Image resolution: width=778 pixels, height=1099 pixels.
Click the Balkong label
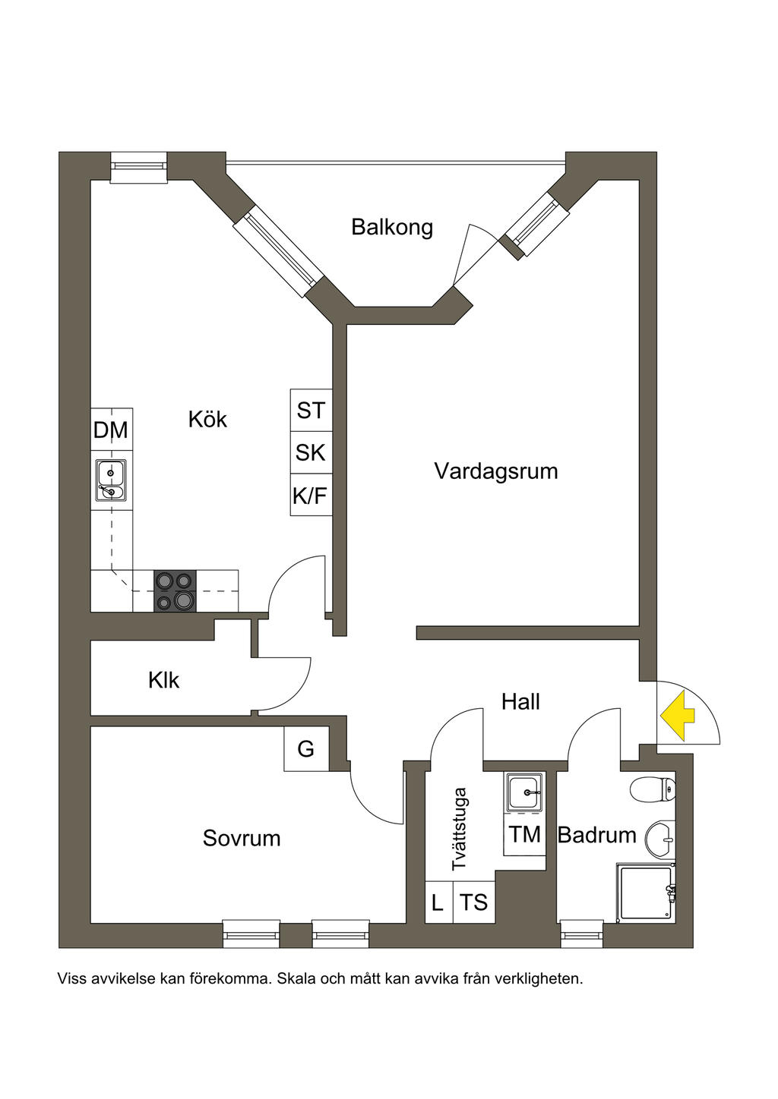pos(392,227)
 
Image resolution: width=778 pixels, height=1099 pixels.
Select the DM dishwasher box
pos(111,430)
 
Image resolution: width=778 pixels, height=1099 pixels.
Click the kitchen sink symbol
pos(111,480)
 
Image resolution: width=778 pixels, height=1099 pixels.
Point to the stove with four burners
pos(175,590)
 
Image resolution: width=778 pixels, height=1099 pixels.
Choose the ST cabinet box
pos(311,411)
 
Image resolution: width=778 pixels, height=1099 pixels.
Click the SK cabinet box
pos(311,453)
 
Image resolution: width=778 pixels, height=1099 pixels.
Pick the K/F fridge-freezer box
pos(311,496)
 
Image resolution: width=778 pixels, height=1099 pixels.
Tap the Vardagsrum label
pos(496,471)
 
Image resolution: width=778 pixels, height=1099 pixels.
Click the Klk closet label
pos(164,680)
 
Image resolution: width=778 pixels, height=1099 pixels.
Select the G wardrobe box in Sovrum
pos(306,749)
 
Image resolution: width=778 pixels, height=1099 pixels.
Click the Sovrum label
pos(242,838)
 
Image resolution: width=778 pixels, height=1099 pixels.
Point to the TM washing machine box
pos(525,835)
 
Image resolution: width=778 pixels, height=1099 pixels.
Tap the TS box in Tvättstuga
pos(474,902)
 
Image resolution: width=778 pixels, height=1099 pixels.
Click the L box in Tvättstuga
pos(438,902)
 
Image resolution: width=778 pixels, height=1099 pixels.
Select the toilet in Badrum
pos(653,790)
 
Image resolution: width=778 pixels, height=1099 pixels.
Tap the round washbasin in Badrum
pos(660,839)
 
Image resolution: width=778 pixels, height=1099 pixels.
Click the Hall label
pos(520,702)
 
